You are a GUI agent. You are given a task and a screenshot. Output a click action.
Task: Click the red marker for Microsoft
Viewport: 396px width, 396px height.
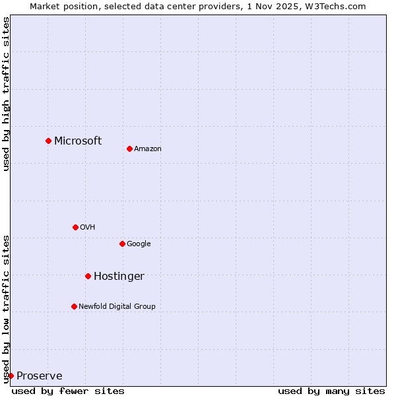point(48,141)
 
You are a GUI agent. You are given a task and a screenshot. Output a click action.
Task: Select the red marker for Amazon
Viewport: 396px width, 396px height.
point(129,148)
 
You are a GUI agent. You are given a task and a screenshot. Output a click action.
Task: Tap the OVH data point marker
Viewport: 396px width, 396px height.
point(75,227)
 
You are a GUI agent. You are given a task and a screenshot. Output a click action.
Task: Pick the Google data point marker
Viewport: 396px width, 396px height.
point(122,244)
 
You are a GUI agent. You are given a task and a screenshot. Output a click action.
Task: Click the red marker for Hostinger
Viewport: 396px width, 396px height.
point(88,276)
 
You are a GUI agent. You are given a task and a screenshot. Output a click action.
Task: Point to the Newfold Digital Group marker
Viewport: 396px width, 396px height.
point(74,306)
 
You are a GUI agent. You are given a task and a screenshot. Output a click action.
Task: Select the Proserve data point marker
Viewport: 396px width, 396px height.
point(11,376)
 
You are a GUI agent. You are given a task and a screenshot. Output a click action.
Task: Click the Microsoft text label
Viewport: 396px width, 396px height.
point(78,141)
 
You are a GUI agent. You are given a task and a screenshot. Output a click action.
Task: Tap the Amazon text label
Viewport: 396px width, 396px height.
point(148,149)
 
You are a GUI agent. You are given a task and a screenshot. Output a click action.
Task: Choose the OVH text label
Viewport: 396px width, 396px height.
point(88,228)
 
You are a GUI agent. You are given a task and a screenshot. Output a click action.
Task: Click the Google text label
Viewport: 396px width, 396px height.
point(139,244)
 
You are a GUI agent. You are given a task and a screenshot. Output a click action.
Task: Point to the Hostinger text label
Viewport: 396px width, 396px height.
point(119,277)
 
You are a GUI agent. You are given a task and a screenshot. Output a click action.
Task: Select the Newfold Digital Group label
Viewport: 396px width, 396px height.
point(117,307)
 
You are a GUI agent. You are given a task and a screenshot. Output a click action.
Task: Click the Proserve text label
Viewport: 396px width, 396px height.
point(40,376)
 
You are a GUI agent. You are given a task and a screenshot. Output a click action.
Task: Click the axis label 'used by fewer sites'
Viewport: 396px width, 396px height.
point(68,391)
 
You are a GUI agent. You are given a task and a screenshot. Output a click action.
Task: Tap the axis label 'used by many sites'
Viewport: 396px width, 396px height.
point(331,391)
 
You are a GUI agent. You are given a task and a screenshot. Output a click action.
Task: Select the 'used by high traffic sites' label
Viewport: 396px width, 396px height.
point(7,94)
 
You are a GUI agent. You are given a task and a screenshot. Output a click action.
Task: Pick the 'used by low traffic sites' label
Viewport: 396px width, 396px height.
point(7,309)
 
